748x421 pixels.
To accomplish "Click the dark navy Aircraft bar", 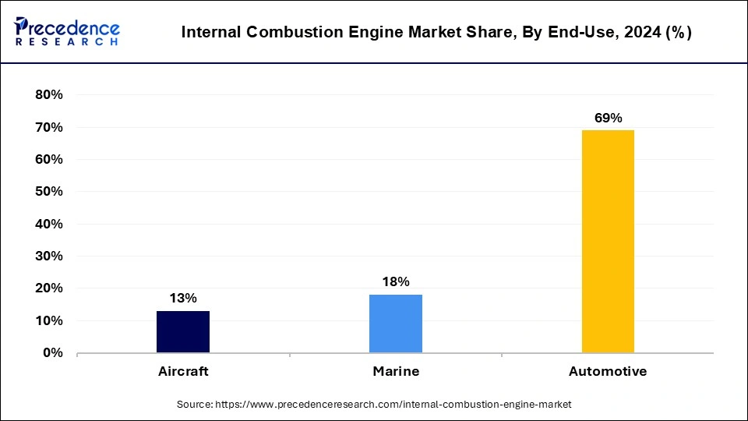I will tap(183, 332).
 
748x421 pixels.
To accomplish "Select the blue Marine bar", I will tap(396, 324).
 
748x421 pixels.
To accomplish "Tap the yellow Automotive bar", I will tap(608, 242).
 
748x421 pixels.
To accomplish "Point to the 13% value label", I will tap(183, 298).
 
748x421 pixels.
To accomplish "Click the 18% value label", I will tap(396, 281).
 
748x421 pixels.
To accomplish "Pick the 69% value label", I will tap(608, 118).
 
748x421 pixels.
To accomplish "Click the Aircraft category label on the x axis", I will tap(183, 371).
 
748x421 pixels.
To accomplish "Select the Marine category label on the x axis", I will tap(396, 371).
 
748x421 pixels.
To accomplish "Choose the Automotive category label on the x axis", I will tap(608, 371).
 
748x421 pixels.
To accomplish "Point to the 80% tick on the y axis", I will tap(48, 95).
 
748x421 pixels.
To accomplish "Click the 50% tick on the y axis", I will tap(48, 192).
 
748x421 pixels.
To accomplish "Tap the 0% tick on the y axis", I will tap(52, 353).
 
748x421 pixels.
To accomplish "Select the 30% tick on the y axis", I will tap(48, 256).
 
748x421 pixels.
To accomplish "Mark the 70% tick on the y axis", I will tap(48, 127).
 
